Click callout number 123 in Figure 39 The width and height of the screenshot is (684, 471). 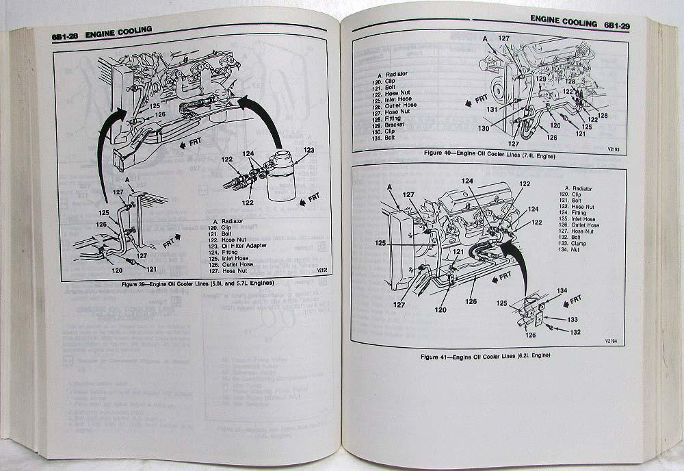pyautogui.click(x=308, y=149)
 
